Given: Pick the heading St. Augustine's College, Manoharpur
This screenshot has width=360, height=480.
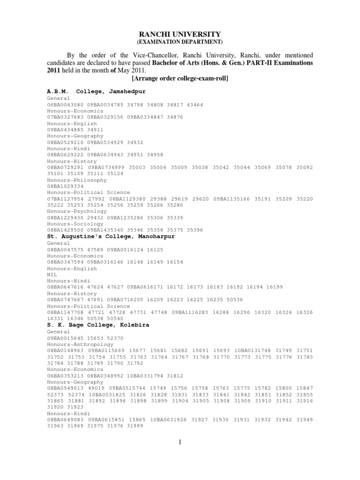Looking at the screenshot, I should pyautogui.click(x=111, y=237).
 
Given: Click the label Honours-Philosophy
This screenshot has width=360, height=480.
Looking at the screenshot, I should pyautogui.click(x=77, y=180).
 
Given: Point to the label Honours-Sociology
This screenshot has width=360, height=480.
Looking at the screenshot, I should pyautogui.click(x=75, y=224).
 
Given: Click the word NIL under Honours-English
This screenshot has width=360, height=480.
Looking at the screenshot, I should pyautogui.click(x=52, y=275).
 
